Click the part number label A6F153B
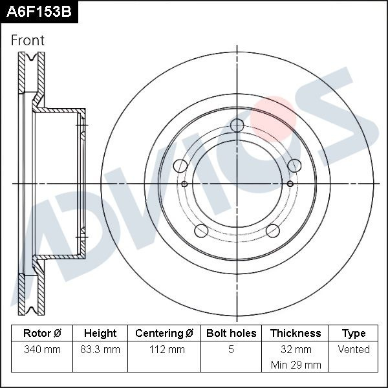[x=39, y=12]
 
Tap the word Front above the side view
[x=28, y=40]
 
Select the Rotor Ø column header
[x=42, y=334]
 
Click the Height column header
[x=100, y=334]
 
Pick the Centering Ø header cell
[x=164, y=334]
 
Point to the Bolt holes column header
[x=231, y=334]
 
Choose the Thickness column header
[x=296, y=334]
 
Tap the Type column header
[x=354, y=334]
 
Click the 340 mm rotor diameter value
[x=42, y=350]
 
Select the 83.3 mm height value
[x=100, y=350]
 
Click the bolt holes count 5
[x=231, y=350]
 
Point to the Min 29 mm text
[x=296, y=365]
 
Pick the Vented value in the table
[x=354, y=350]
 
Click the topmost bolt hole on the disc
[x=237, y=125]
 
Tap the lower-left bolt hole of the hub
[x=201, y=231]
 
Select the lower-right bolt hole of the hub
[x=274, y=231]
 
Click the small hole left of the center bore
[x=184, y=184]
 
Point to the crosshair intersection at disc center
[x=237, y=184]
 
